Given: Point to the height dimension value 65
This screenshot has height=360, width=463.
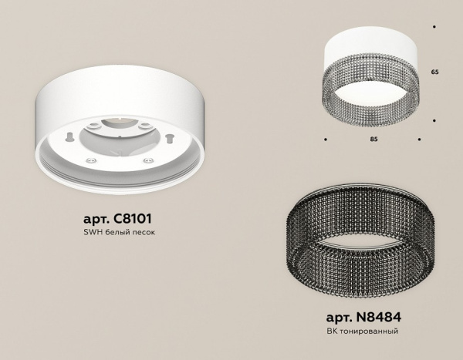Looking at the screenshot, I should click(434, 72).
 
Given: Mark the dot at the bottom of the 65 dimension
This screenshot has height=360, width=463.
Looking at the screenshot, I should click(435, 120).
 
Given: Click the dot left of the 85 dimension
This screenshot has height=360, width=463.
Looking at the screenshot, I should click(325, 140).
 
